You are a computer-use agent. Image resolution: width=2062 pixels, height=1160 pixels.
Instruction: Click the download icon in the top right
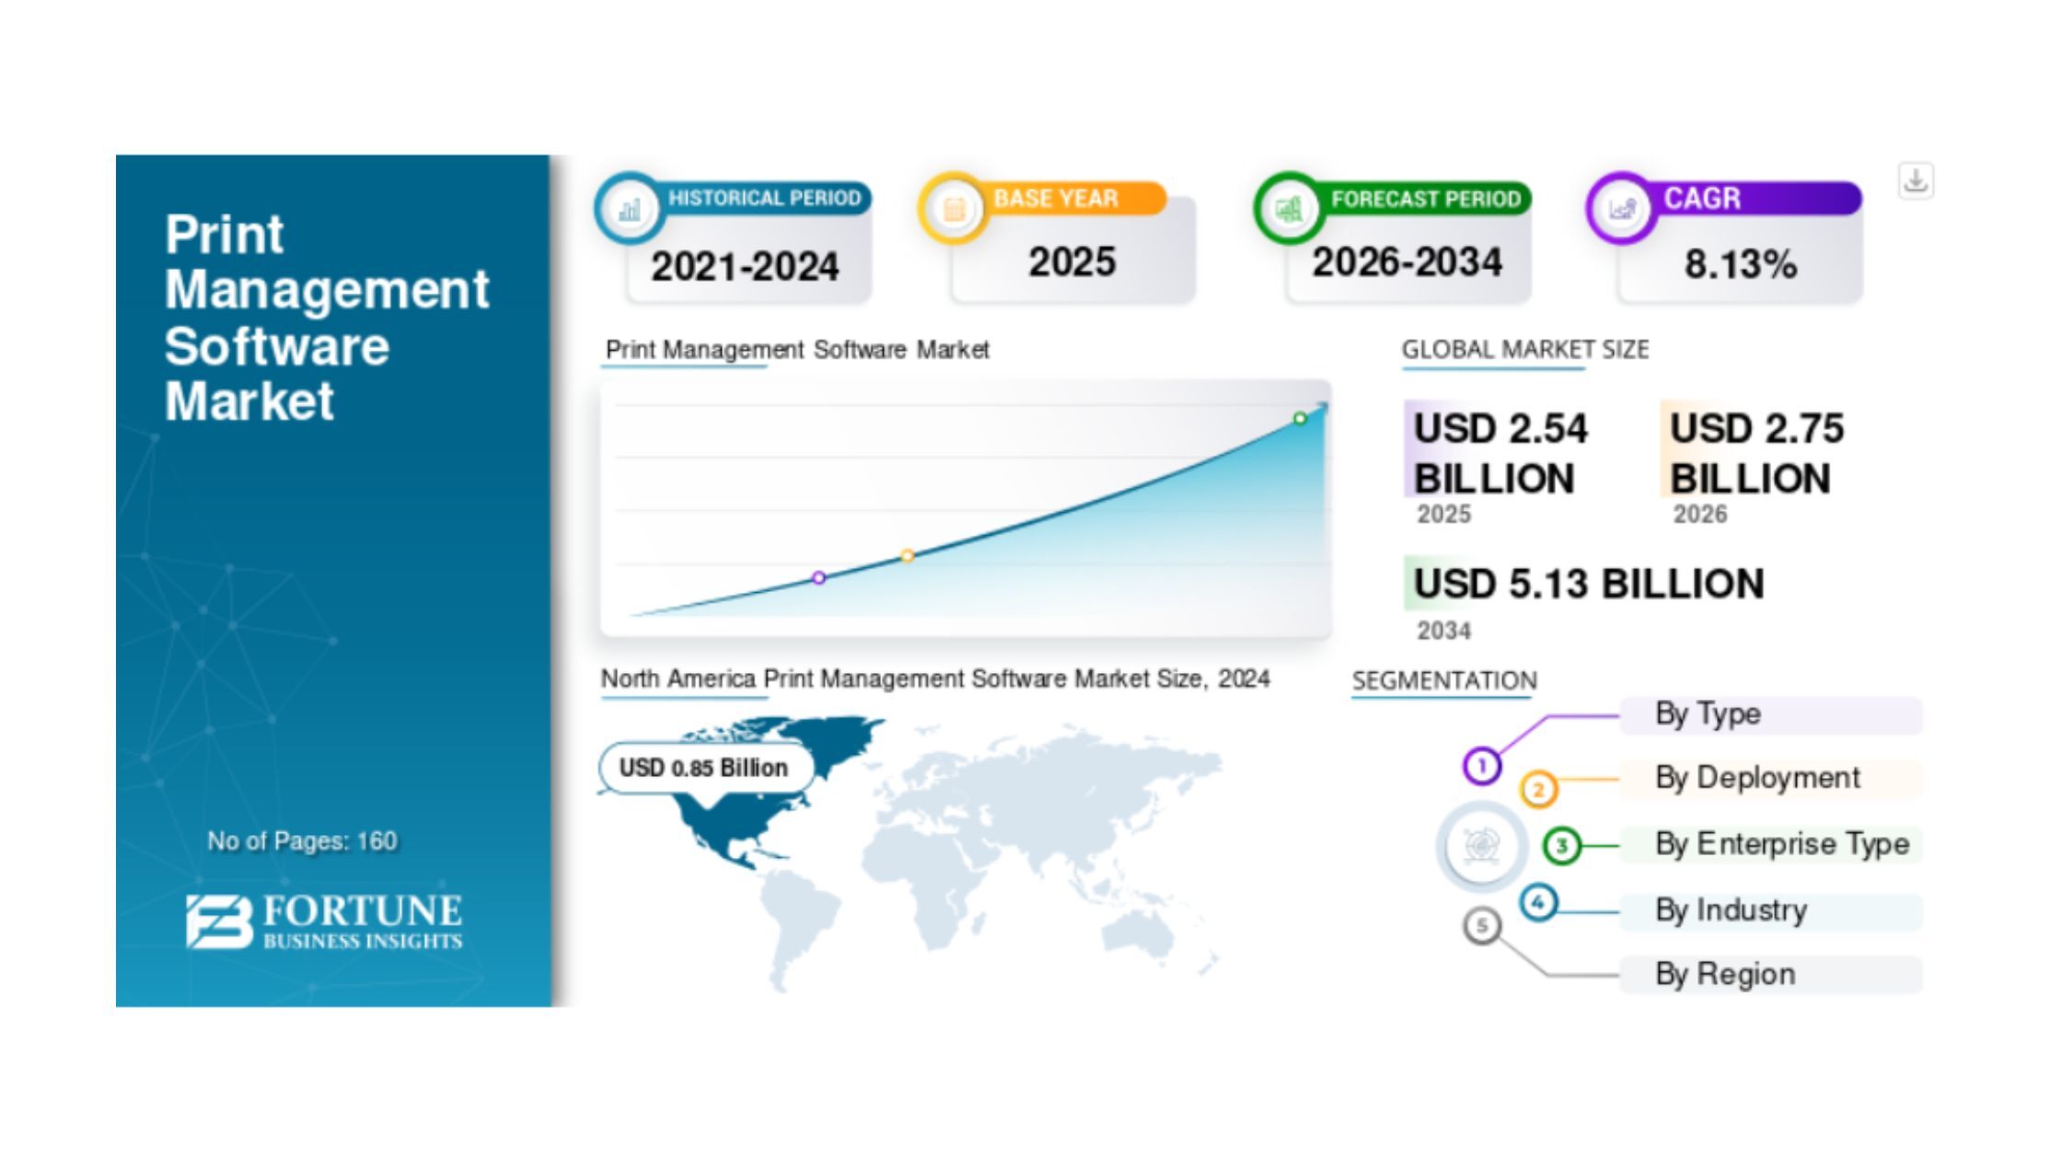1916,180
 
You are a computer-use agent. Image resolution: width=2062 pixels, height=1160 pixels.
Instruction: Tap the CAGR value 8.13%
1741,265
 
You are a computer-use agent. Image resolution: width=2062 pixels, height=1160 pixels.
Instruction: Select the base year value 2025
1072,262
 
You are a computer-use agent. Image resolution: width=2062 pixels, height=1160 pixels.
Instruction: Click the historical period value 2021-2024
745,267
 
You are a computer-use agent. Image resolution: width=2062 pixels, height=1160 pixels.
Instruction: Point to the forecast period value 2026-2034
1407,262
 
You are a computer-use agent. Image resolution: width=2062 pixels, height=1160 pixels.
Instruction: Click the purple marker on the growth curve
818,578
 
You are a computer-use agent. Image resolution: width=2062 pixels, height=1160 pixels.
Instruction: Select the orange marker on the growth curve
908,555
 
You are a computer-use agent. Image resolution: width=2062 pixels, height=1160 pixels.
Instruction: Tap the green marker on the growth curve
1300,419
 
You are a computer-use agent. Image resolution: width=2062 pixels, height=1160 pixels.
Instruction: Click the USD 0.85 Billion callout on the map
705,768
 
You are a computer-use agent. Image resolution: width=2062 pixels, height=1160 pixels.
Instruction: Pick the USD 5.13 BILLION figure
1589,584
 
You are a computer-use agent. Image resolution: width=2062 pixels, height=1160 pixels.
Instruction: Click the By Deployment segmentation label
1757,778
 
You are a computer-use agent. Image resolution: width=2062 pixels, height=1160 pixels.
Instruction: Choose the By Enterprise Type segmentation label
1782,844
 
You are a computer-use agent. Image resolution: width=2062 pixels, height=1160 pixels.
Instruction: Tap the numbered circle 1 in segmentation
1482,766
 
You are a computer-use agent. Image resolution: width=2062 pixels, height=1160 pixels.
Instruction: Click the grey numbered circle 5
1482,925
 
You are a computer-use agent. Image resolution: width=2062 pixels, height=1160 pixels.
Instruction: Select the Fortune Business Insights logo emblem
219,921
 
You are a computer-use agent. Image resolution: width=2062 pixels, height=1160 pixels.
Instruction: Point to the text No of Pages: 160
302,841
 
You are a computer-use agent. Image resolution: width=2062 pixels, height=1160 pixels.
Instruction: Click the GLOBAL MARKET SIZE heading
1525,350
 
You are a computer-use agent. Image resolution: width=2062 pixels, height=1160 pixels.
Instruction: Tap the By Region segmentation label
1725,974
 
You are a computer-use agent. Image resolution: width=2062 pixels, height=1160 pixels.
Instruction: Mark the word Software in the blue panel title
277,346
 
